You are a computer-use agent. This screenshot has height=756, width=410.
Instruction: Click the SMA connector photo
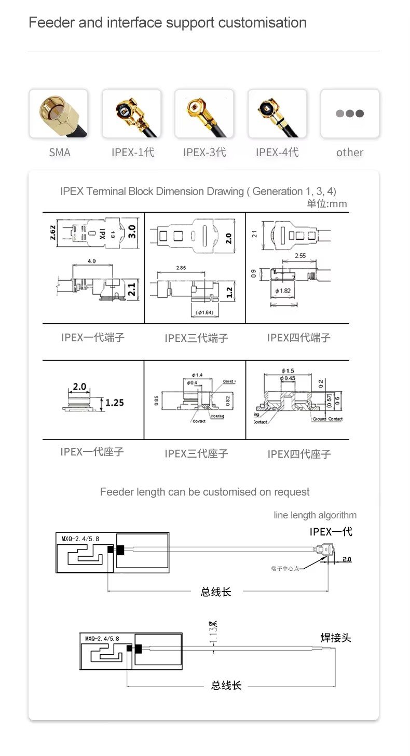click(x=59, y=114)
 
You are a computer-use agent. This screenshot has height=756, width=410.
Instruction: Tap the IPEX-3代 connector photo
click(x=204, y=114)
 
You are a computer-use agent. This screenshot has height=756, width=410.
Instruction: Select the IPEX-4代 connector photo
click(x=277, y=114)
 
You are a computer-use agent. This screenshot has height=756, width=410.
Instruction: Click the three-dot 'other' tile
click(x=350, y=114)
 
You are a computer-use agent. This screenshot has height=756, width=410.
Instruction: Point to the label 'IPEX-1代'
click(x=133, y=153)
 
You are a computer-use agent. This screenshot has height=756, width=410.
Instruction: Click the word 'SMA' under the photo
click(x=60, y=153)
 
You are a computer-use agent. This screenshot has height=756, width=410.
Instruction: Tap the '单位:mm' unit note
click(x=326, y=203)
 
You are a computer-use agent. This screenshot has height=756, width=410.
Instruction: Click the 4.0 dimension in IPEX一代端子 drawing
click(x=91, y=261)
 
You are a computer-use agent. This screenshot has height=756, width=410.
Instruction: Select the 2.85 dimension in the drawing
click(x=181, y=268)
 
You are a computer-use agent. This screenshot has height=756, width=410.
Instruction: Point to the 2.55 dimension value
click(x=300, y=256)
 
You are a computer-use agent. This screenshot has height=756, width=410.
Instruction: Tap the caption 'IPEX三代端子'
click(x=196, y=338)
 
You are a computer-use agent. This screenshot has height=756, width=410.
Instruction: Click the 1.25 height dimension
click(x=114, y=403)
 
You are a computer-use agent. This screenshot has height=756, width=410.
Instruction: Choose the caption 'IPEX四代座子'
click(x=299, y=455)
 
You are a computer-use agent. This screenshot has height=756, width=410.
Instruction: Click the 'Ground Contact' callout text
click(x=327, y=419)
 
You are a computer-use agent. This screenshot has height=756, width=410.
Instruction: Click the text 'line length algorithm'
click(x=315, y=515)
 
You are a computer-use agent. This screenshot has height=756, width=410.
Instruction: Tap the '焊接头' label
click(x=335, y=638)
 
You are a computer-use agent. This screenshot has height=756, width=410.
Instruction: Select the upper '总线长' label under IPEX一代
click(x=216, y=592)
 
